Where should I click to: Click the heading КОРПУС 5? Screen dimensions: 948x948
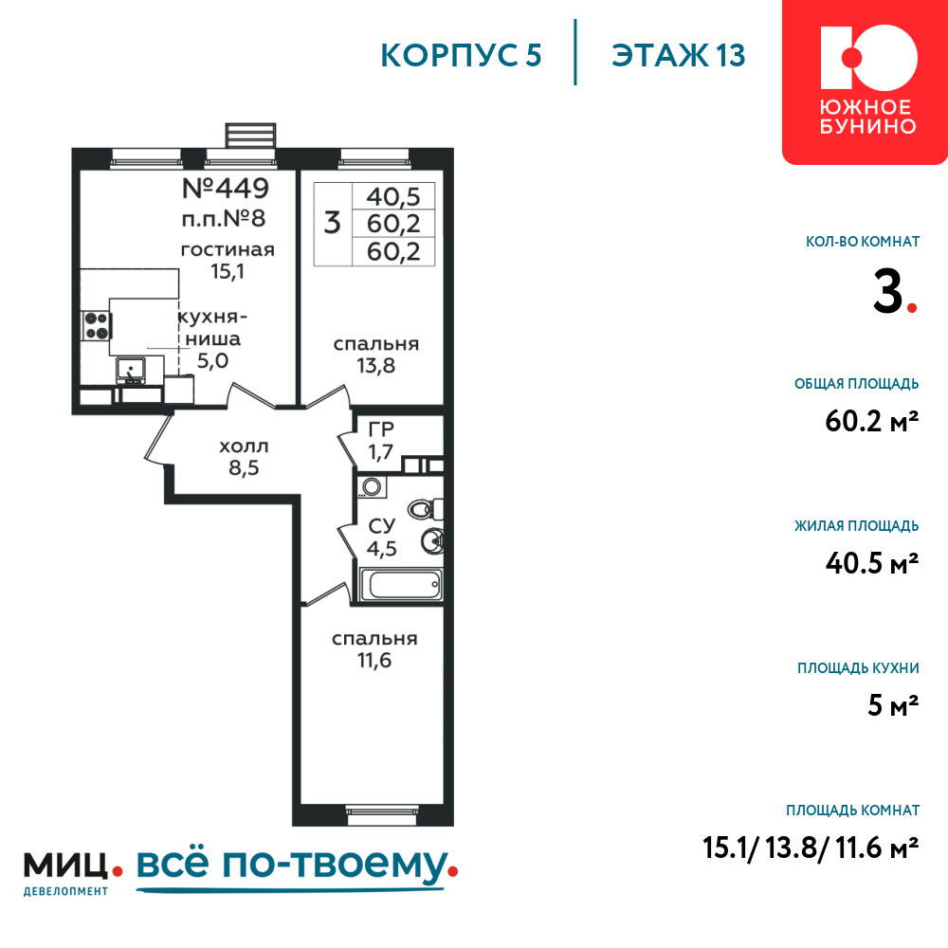coord(461,56)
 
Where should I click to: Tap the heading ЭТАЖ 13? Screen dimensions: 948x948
coord(679,56)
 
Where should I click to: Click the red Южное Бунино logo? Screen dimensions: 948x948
coord(866,82)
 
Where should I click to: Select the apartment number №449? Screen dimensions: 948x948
coord(226,188)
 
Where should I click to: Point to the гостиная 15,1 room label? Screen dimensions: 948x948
coord(228,260)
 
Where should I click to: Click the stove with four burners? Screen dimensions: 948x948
coord(96,326)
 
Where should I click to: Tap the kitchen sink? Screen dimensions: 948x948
coord(131,371)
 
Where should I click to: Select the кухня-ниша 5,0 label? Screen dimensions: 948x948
coord(212,338)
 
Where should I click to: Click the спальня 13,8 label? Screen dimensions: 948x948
coord(376,355)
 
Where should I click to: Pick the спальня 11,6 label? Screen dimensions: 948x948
coord(374,649)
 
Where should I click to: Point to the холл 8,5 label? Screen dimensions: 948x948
coord(244,457)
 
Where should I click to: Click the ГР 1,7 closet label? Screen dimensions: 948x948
coord(381,440)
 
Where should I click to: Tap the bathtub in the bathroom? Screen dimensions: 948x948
coord(401,584)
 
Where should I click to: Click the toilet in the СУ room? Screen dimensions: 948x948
coord(426,509)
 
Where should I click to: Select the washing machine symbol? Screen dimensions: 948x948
coord(372,486)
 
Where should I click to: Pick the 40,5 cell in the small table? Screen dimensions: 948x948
coord(393,196)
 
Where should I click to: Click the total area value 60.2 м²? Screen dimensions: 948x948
coord(872,421)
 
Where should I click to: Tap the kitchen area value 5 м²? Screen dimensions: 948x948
coord(893,705)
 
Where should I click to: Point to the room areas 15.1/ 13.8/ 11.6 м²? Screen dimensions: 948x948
coord(811,848)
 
